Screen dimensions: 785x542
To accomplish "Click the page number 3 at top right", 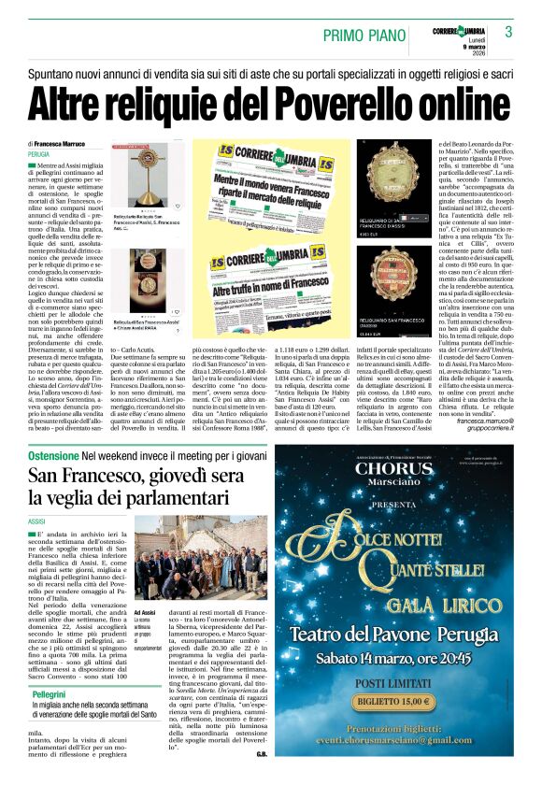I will point(508,31).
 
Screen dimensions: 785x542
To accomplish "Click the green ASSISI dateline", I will point(37,521).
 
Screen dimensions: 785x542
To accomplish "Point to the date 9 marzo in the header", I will point(478,49).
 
